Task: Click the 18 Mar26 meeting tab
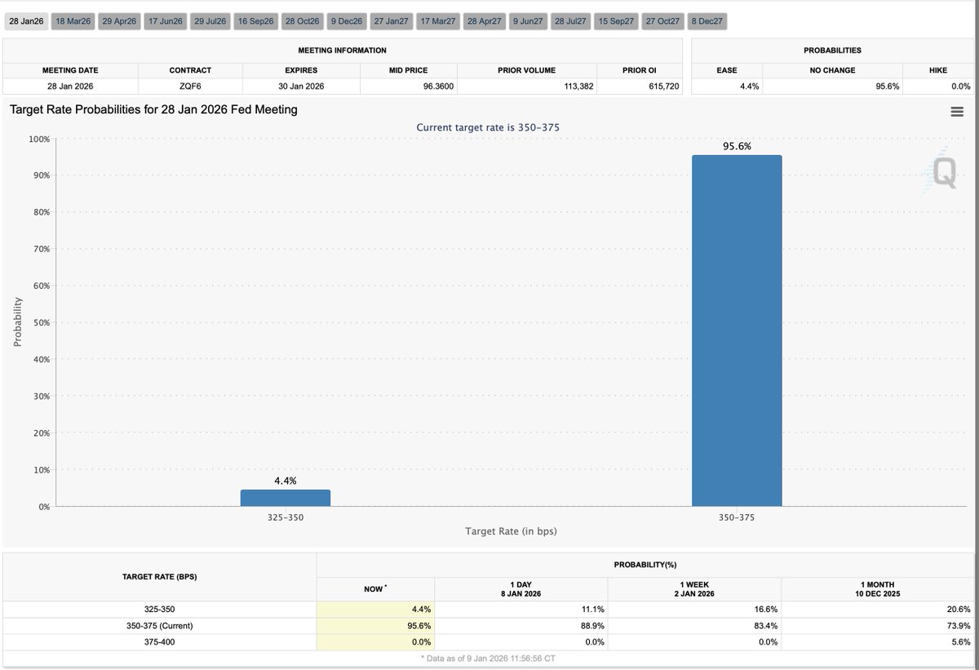pos(72,21)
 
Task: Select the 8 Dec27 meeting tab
pos(706,21)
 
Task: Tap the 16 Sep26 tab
pos(255,21)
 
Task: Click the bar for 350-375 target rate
pos(736,331)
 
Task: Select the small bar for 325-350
pos(285,498)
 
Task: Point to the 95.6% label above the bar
pos(736,146)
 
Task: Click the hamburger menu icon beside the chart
pos(957,113)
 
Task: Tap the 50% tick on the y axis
pos(41,322)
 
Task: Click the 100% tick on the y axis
pos(39,139)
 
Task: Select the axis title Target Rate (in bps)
pos(511,531)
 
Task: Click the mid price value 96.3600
pos(438,86)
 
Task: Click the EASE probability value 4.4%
pos(749,86)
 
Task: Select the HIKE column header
pos(937,70)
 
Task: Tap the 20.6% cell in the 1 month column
pos(959,609)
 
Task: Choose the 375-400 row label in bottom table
pos(158,642)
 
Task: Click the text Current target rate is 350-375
pos(488,127)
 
